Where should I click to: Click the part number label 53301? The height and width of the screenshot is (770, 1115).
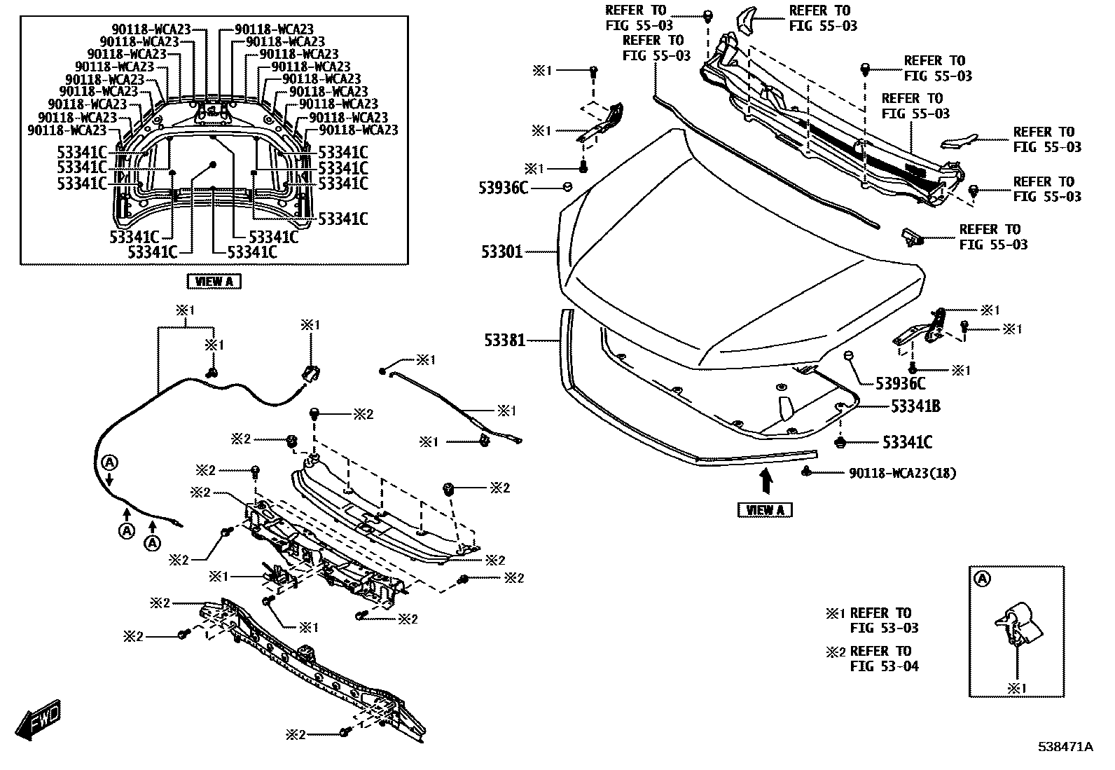click(501, 252)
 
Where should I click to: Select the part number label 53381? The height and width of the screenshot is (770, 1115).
click(504, 341)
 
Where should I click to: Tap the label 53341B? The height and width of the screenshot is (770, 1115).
click(915, 406)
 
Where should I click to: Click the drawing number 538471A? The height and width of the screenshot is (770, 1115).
click(1065, 747)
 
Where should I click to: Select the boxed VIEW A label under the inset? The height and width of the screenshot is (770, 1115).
click(214, 282)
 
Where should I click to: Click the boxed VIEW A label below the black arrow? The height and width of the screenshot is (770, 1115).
click(765, 510)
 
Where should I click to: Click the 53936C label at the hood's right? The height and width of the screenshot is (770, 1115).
click(900, 383)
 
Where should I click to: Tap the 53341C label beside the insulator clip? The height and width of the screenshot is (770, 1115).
click(907, 443)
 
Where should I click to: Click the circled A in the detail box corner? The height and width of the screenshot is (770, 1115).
click(983, 579)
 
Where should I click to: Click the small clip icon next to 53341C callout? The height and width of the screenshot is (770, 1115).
click(841, 443)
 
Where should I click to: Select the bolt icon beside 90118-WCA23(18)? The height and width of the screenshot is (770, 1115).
click(808, 472)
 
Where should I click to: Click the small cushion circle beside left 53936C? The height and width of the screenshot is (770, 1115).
click(567, 186)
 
